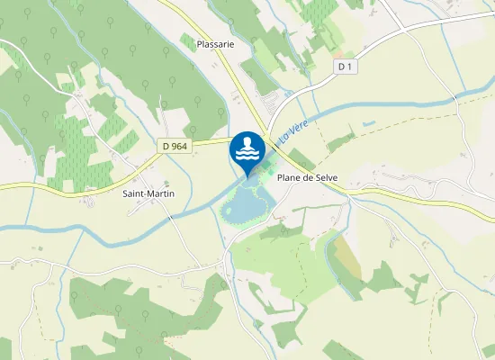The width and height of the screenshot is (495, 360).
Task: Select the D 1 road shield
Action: pyautogui.click(x=345, y=67)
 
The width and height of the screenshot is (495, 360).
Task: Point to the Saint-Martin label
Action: pyautogui.click(x=148, y=193)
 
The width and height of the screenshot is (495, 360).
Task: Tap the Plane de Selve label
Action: pyautogui.click(x=307, y=178)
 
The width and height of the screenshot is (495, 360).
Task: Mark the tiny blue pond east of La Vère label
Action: pyautogui.click(x=366, y=123)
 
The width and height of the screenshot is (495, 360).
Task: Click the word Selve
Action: pyautogui.click(x=325, y=178)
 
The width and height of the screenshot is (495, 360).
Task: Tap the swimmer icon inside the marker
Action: pyautogui.click(x=247, y=145)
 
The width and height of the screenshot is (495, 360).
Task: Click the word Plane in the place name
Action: pyautogui.click(x=291, y=178)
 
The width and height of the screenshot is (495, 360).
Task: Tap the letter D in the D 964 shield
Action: pyautogui.click(x=166, y=145)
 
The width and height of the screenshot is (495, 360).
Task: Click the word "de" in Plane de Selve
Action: pyautogui.click(x=309, y=178)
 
